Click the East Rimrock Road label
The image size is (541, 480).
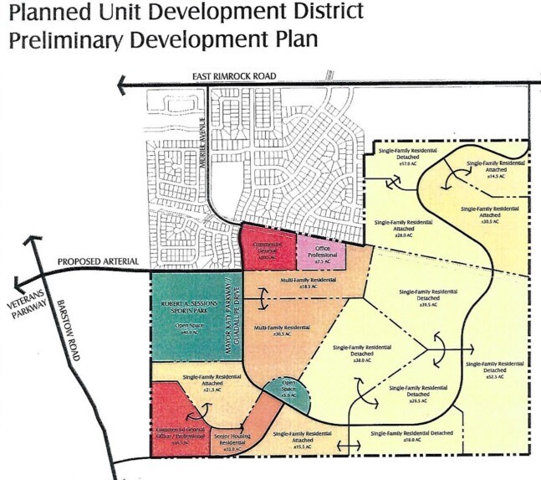pos(233,75)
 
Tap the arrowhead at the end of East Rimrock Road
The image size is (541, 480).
pos(123,83)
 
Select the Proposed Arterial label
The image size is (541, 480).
pos(97,263)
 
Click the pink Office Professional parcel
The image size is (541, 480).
pos(321,253)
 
